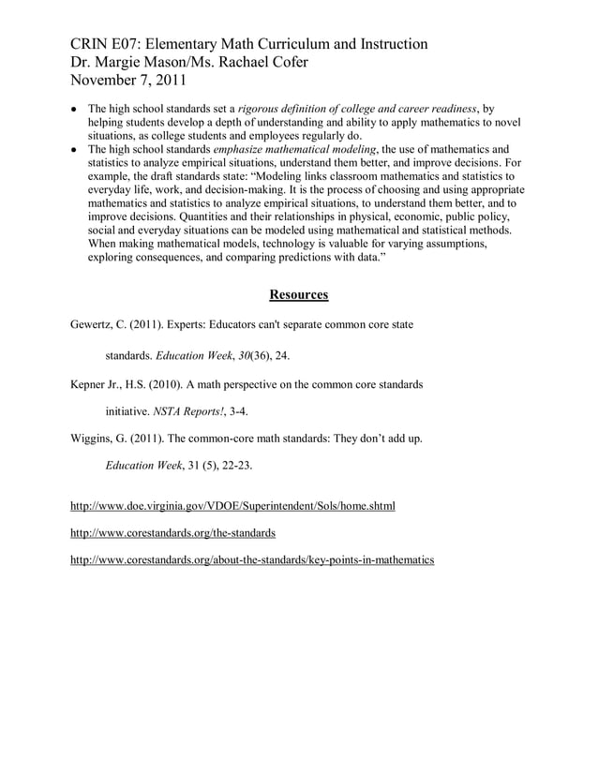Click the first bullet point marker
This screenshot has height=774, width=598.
74,109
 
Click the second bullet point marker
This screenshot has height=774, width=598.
74,149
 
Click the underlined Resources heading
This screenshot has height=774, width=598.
298,295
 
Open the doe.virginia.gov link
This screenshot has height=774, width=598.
232,506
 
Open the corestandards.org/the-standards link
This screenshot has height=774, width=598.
172,533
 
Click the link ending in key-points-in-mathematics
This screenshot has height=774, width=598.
252,560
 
